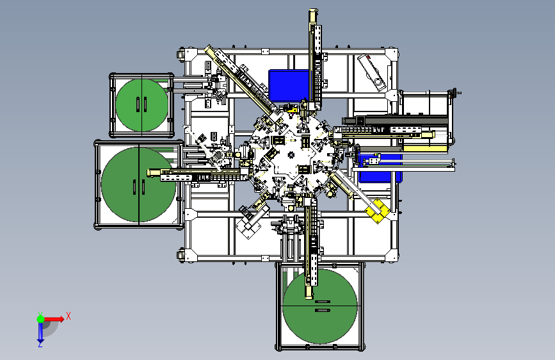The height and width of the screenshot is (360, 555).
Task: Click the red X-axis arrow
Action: [54, 319]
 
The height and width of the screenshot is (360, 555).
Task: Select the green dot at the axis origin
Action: [40, 319]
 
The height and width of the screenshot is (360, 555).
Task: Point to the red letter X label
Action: [68, 316]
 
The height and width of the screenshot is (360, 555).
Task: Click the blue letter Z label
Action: [40, 345]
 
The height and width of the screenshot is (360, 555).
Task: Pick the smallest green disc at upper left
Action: [141, 105]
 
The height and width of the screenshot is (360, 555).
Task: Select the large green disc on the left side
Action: [139, 184]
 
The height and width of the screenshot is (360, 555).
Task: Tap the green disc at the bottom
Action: [320, 306]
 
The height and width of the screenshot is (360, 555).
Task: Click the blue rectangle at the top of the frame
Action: [289, 86]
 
